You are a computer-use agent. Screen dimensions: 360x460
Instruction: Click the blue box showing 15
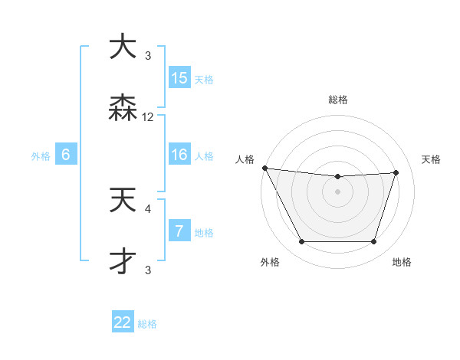pyautogui.click(x=179, y=78)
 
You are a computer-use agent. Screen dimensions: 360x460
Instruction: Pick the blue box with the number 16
pyautogui.click(x=179, y=155)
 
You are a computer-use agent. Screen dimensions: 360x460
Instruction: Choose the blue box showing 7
pyautogui.click(x=179, y=231)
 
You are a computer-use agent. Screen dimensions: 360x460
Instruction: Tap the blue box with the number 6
pyautogui.click(x=66, y=155)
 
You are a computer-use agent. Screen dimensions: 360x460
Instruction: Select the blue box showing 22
pyautogui.click(x=123, y=322)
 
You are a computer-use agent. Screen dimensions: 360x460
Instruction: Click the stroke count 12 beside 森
pyautogui.click(x=148, y=117)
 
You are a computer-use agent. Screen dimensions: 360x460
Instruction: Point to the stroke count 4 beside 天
pyautogui.click(x=148, y=208)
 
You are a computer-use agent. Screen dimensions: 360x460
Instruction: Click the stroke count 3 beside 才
pyautogui.click(x=148, y=270)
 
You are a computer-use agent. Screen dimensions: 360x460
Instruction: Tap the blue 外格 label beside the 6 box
pyautogui.click(x=41, y=155)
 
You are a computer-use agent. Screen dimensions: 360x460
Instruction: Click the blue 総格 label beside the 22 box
pyautogui.click(x=147, y=324)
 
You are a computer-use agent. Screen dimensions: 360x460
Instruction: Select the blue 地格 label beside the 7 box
pyautogui.click(x=204, y=232)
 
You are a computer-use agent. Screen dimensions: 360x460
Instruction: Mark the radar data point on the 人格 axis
pyautogui.click(x=264, y=168)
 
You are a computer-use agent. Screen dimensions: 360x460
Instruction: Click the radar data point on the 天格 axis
pyautogui.click(x=396, y=172)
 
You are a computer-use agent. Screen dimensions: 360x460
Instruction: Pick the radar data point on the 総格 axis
pyautogui.click(x=338, y=177)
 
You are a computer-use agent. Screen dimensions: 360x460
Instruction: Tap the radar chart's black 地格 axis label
pyautogui.click(x=401, y=262)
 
